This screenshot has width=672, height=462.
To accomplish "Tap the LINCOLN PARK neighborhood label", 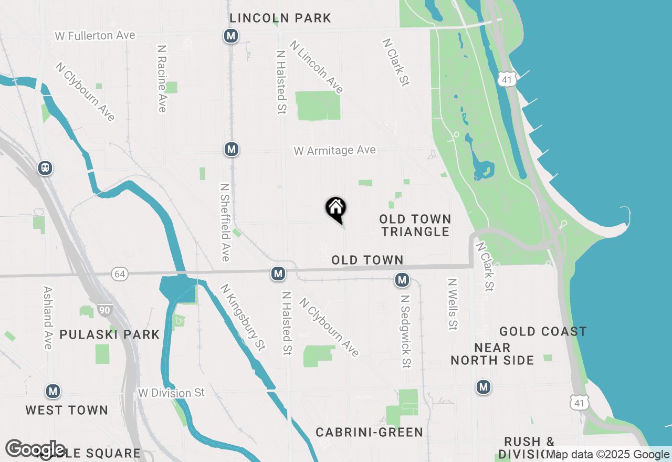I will [x=280, y=18].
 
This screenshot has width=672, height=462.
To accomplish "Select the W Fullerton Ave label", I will [x=95, y=36].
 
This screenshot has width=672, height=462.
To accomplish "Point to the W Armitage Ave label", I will [x=334, y=151].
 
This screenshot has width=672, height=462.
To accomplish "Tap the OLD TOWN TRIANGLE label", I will [x=415, y=225].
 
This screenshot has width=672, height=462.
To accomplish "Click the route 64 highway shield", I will [x=120, y=274].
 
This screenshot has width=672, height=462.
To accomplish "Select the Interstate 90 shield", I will [x=104, y=310].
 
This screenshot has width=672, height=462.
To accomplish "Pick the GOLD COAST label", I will [x=543, y=332].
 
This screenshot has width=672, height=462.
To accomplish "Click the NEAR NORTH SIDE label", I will [x=492, y=354].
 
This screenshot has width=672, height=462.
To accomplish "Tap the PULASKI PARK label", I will [x=109, y=334].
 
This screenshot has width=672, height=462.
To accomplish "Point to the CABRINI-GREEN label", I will [x=369, y=432].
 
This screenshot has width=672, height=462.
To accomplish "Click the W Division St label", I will [x=171, y=393].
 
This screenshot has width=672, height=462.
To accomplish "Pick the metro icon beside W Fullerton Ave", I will [x=230, y=36].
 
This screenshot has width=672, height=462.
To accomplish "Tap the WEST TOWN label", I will [x=67, y=410].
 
